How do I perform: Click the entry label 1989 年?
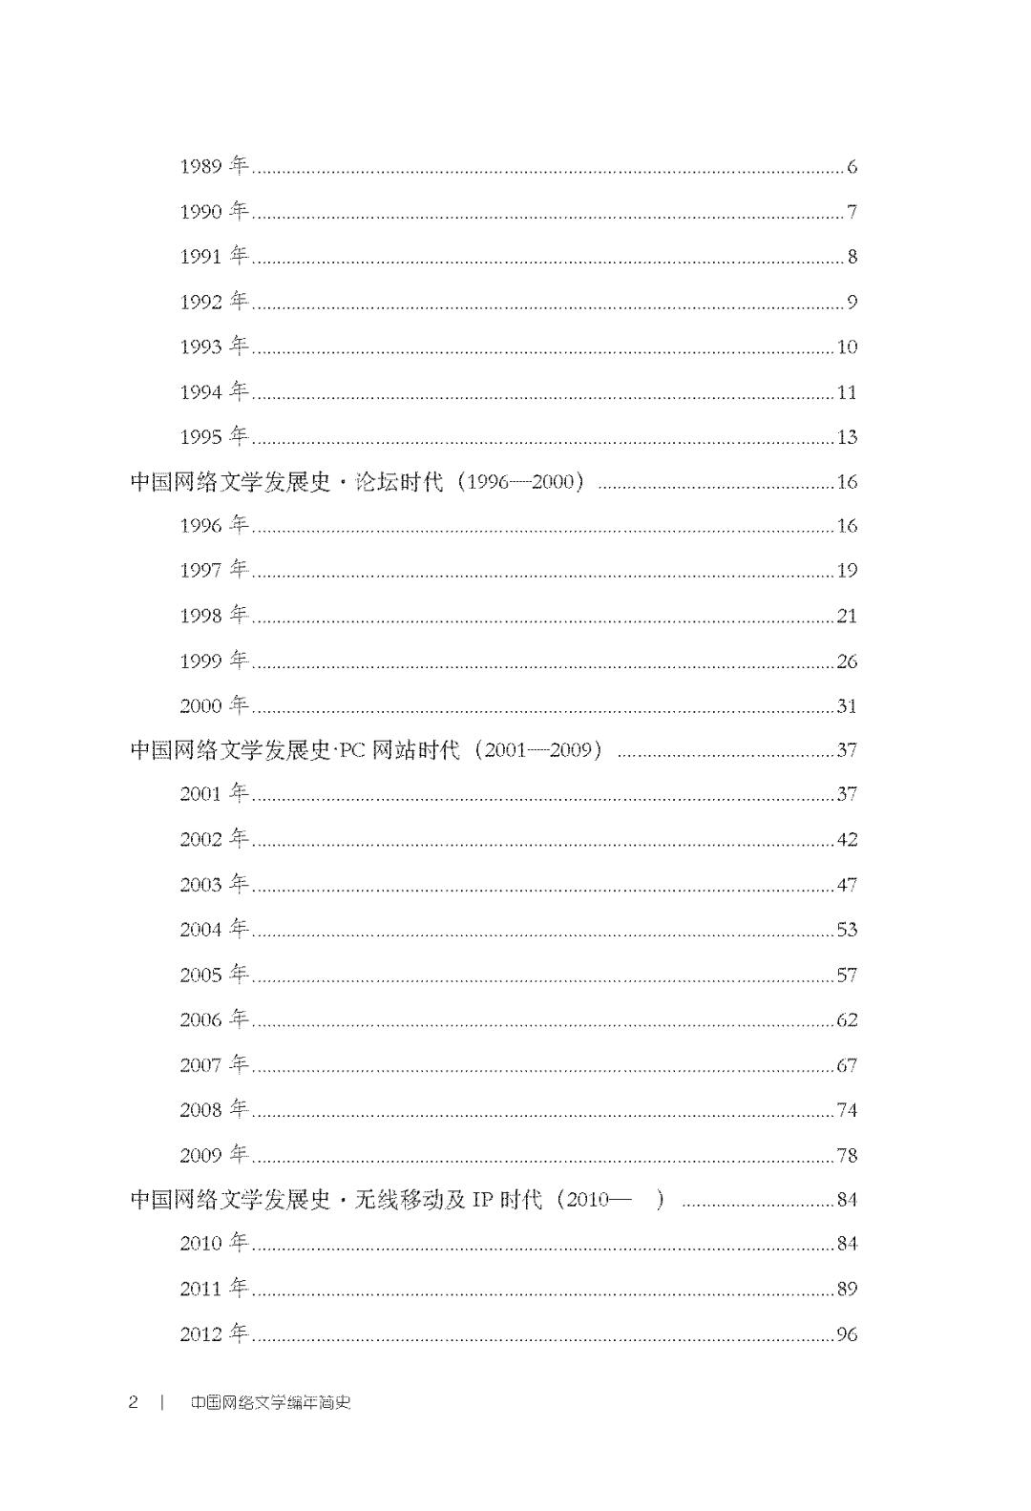(214, 166)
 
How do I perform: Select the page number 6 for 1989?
(852, 167)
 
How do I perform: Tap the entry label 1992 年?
(214, 302)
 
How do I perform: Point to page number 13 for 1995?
(847, 437)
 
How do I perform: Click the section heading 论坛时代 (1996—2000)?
(358, 481)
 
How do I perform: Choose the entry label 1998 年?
(214, 616)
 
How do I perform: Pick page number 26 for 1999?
(847, 661)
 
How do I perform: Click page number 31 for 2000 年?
(847, 706)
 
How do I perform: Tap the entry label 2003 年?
(214, 885)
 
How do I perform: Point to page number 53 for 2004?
(847, 930)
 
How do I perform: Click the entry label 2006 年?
(214, 1019)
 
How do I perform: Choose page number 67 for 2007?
(847, 1065)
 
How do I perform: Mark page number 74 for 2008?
(847, 1110)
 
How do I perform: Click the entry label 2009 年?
(214, 1155)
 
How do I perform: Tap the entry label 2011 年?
(214, 1289)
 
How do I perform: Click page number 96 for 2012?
(847, 1334)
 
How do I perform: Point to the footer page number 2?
(134, 1402)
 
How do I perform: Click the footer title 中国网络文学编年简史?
(270, 1402)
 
